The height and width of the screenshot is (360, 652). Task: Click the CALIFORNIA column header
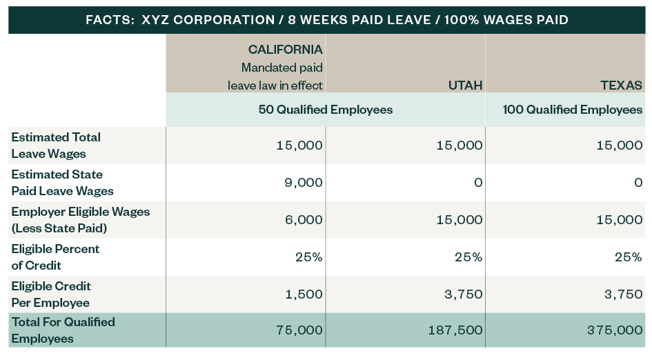click(285, 50)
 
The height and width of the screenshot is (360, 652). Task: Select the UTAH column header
click(465, 86)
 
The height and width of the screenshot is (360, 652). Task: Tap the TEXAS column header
click(621, 86)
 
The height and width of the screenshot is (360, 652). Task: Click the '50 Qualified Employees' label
click(325, 110)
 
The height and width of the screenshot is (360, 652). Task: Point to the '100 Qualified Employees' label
click(573, 110)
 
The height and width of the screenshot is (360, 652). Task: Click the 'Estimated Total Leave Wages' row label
click(56, 146)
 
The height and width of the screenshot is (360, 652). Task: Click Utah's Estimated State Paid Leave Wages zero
click(478, 183)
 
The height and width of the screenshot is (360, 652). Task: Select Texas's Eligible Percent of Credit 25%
click(628, 257)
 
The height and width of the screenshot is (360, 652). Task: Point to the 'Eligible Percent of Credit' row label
click(55, 257)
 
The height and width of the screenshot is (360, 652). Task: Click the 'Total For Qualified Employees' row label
click(63, 330)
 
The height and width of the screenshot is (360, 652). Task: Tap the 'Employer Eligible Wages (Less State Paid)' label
click(80, 220)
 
